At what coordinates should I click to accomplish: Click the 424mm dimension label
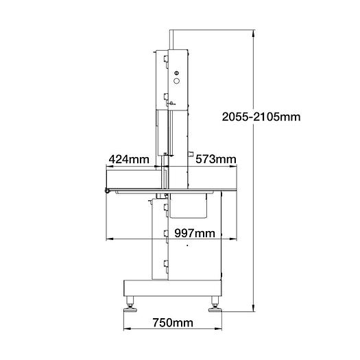[128, 160]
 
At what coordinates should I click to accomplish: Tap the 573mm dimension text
[215, 160]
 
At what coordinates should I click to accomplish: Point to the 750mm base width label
[172, 322]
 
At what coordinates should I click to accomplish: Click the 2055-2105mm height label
[261, 117]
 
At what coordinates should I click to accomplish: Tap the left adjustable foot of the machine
[128, 306]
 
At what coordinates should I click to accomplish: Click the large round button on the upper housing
[176, 81]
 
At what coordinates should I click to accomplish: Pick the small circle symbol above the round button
[176, 71]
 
